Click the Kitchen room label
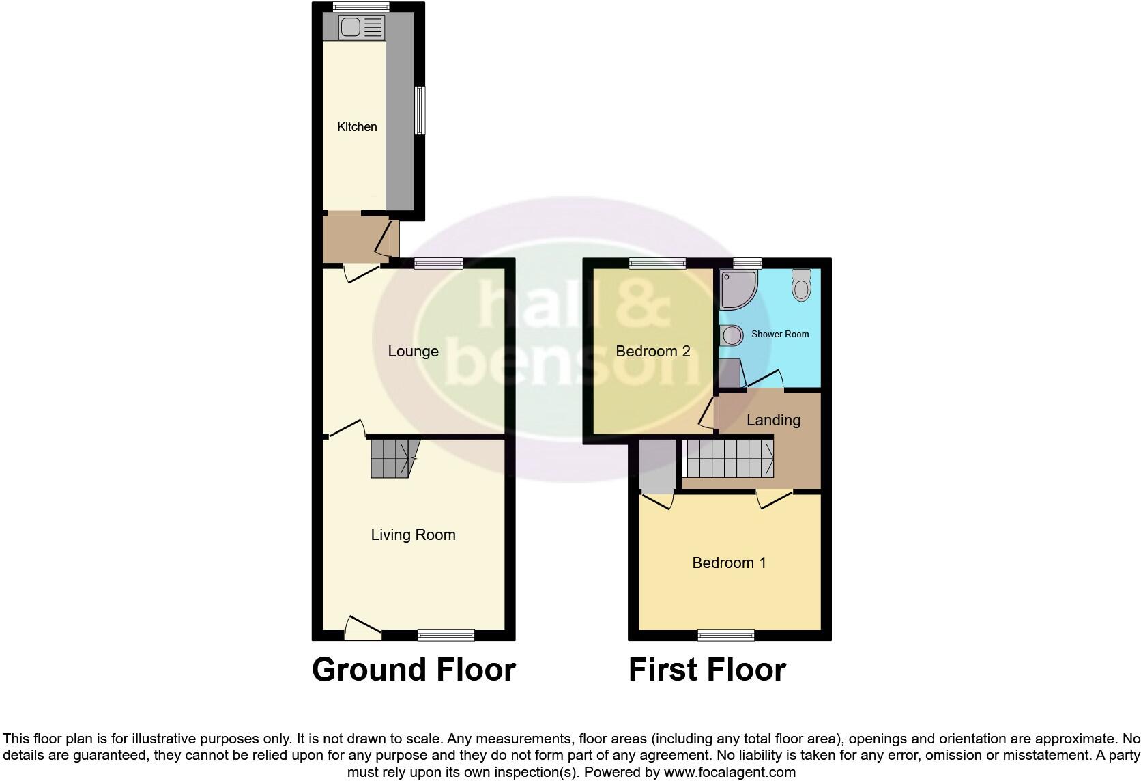[357, 126]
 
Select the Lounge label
[413, 351]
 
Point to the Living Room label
[413, 535]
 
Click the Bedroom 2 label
[652, 351]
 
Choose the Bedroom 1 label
[729, 563]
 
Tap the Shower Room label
[779, 334]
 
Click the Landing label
[772, 420]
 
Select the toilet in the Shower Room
[801, 285]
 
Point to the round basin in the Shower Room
[731, 335]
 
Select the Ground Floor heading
[414, 670]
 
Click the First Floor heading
[707, 670]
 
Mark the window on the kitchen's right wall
[420, 110]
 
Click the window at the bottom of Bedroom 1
[725, 636]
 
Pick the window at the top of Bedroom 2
[657, 264]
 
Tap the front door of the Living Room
[362, 629]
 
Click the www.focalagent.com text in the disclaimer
[730, 772]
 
